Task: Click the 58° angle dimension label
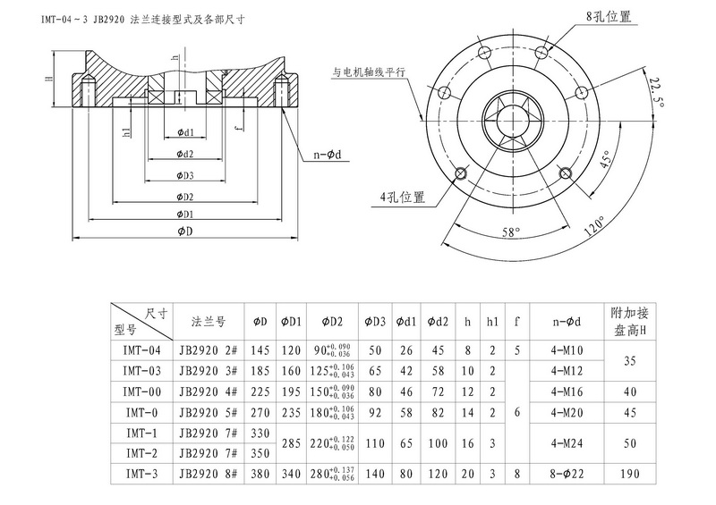click(510, 231)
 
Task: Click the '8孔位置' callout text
click(609, 16)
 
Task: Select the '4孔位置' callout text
click(400, 196)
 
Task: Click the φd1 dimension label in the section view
click(186, 132)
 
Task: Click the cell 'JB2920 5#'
click(208, 412)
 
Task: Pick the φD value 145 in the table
click(260, 350)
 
